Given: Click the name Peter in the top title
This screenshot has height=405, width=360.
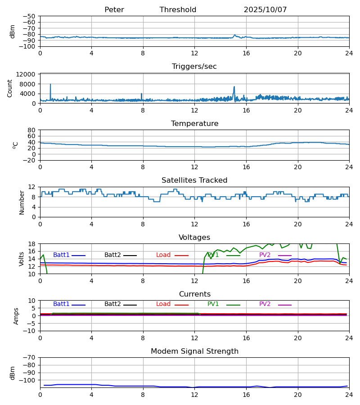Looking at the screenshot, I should [114, 10].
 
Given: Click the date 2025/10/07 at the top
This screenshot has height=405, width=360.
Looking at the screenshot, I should [265, 10].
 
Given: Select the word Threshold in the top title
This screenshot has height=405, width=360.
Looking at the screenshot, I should [178, 10].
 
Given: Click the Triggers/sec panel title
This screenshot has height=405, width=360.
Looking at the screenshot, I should [194, 67].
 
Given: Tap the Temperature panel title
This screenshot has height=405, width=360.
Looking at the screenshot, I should [194, 124].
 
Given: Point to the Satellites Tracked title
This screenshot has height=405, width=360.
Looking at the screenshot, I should [194, 180].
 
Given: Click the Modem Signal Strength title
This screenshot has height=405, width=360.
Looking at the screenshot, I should [194, 351].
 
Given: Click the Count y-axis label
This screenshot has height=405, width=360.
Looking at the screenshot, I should [10, 88].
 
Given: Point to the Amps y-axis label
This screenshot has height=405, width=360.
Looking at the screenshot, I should [16, 316].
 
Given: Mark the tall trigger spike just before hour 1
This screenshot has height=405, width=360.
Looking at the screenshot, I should [50, 84].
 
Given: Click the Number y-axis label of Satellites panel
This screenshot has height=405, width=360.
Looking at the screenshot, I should [22, 202].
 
